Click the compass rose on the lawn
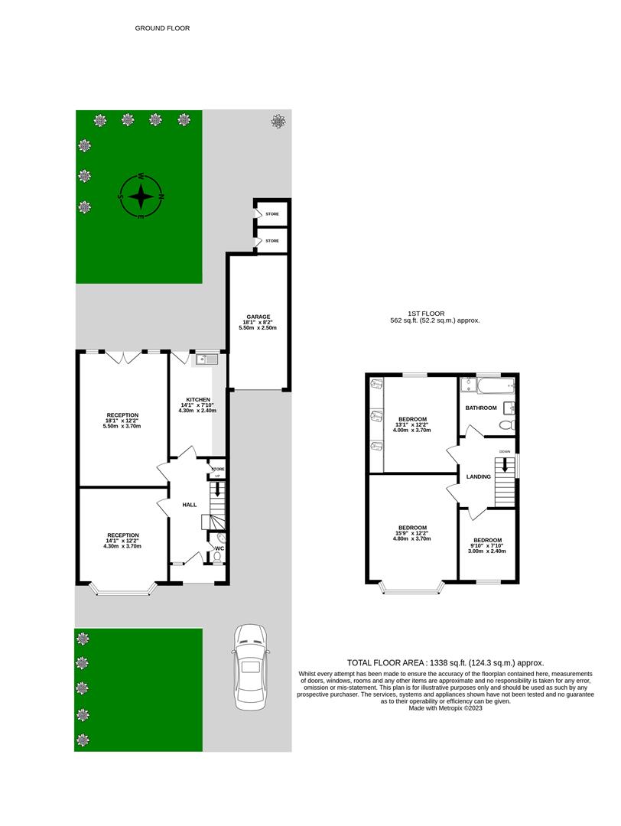point(141,197)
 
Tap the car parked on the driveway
point(251,666)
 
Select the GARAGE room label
point(258,316)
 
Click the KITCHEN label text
point(197,399)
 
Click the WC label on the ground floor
point(219,548)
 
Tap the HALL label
point(190,505)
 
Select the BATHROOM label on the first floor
point(482,408)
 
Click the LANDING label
point(479,477)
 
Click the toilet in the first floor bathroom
point(506,424)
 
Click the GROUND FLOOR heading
point(162,28)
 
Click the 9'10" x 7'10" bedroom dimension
point(487,546)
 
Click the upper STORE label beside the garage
point(272,214)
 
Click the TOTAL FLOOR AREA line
point(446,663)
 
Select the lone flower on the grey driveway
point(278,121)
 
